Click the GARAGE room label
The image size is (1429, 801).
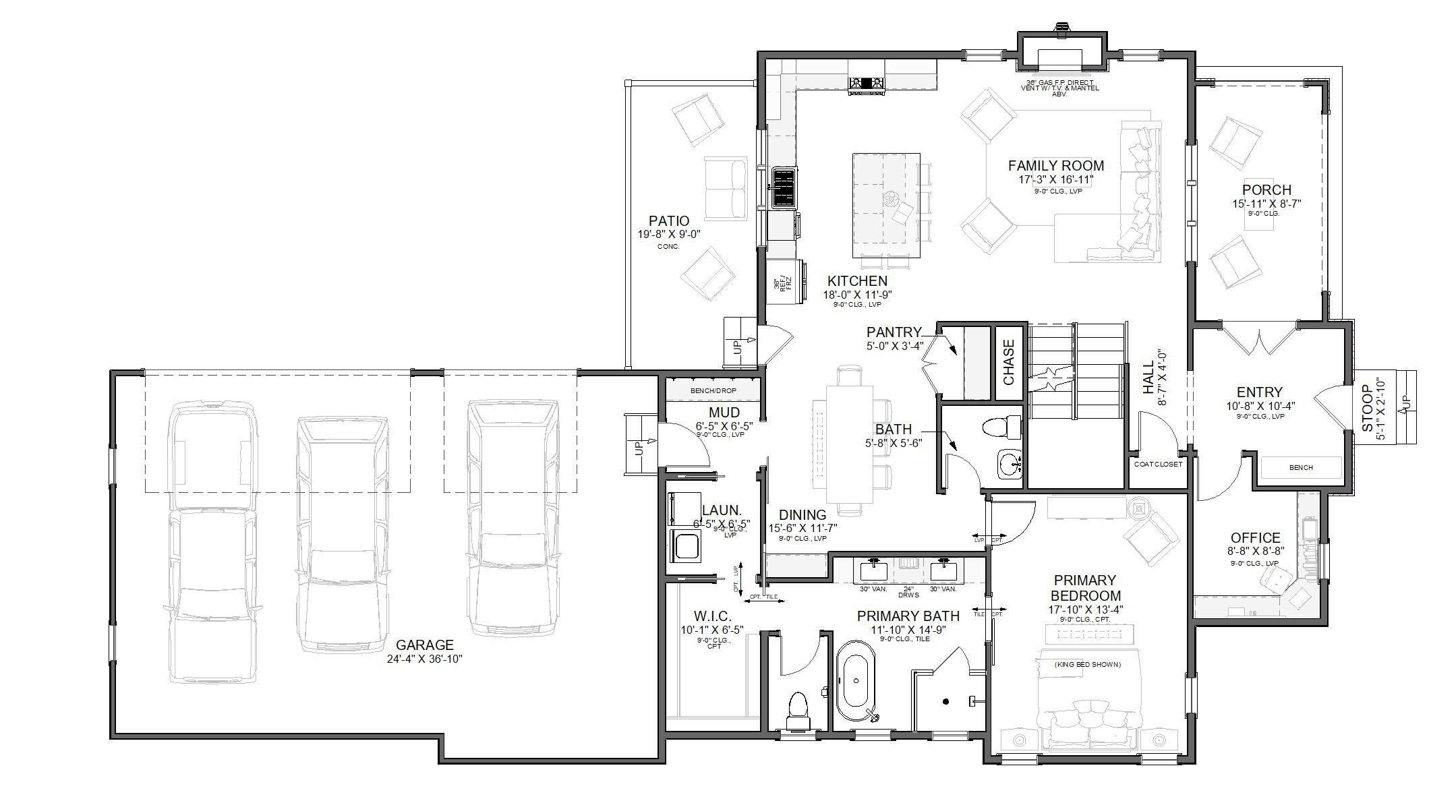[x=424, y=645]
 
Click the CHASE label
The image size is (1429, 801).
[x=1009, y=362]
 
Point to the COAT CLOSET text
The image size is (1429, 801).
[x=1158, y=464]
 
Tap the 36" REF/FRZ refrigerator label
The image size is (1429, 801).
[x=782, y=284]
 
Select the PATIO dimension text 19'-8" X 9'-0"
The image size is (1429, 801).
[x=669, y=235]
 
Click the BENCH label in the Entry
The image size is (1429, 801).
[x=1300, y=467]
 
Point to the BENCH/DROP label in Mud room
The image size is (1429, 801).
[x=713, y=391]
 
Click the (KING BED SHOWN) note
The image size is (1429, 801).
[x=1087, y=664]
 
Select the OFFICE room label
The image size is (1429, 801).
[x=1255, y=537]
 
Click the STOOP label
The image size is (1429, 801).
[x=1367, y=408]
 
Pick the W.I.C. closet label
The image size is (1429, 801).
[x=708, y=616]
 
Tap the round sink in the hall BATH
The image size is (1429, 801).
[x=1010, y=464]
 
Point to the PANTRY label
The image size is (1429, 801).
[x=894, y=332]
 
